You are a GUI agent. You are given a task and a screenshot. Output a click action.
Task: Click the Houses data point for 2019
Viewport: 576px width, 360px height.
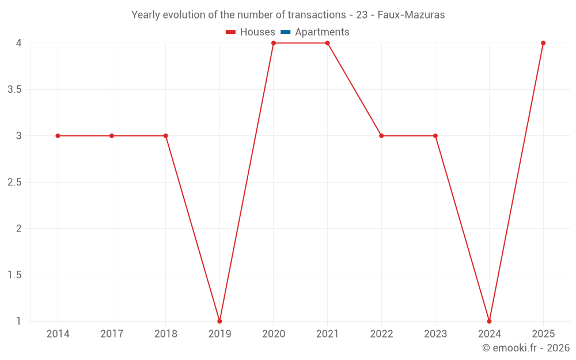click(219, 321)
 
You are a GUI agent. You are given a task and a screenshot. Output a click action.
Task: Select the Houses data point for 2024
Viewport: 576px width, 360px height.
click(489, 321)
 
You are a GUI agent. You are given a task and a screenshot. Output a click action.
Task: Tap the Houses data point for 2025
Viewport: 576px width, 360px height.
click(543, 43)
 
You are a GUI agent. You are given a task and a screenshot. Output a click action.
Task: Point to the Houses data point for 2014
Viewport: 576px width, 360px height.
click(58, 136)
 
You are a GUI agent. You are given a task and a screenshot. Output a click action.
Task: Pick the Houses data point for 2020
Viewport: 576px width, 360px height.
click(274, 43)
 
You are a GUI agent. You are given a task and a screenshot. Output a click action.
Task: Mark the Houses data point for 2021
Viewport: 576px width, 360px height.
click(327, 43)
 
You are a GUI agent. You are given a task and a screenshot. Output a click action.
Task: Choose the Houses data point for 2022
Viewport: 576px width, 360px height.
click(381, 136)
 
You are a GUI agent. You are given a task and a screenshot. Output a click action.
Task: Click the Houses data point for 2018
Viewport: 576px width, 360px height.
click(165, 136)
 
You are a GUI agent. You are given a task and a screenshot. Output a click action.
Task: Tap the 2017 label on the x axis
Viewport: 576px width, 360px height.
click(112, 334)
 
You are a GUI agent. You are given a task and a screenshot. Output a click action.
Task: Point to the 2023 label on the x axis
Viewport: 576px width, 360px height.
click(435, 334)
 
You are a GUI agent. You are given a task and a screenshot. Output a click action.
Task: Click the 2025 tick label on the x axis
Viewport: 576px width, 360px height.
click(543, 334)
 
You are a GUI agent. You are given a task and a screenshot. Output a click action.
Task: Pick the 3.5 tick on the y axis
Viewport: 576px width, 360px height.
click(15, 90)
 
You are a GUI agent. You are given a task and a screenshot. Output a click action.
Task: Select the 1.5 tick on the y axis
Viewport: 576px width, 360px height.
click(15, 275)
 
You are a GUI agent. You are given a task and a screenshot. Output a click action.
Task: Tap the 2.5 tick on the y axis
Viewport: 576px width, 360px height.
click(15, 183)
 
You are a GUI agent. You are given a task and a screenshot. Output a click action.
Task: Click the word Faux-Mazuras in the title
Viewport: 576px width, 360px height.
click(411, 15)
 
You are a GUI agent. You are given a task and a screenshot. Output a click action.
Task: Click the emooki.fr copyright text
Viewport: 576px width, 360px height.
click(526, 348)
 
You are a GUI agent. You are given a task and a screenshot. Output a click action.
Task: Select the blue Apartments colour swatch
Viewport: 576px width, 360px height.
click(286, 32)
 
